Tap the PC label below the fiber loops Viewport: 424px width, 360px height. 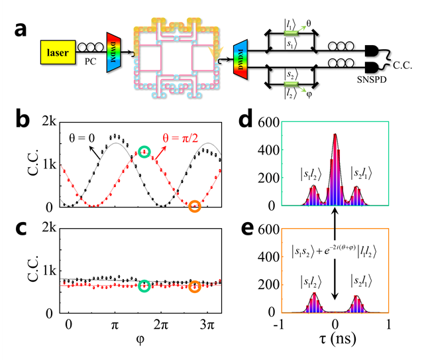[x=90, y=66]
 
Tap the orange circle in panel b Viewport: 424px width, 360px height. [x=194, y=206]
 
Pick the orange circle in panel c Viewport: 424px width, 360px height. [x=194, y=287]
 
